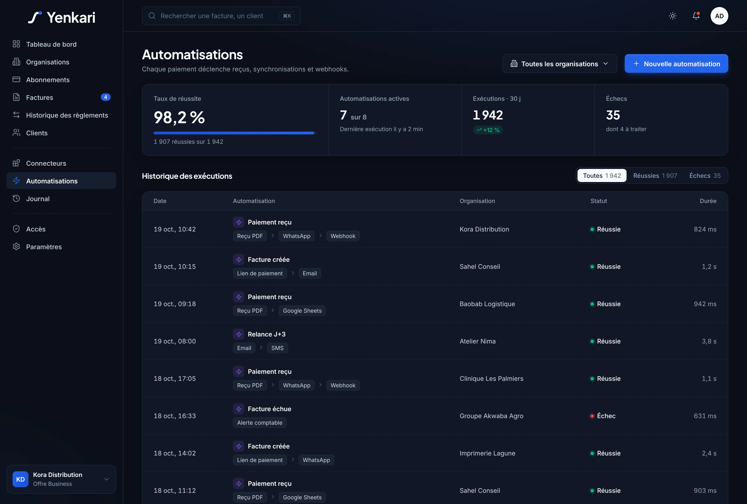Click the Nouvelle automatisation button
tap(676, 64)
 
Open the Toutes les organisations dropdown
tap(559, 64)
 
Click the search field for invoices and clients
tap(221, 16)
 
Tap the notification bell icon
tap(696, 16)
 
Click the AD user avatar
tap(719, 16)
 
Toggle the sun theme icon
tap(673, 16)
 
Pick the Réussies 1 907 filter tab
tap(655, 176)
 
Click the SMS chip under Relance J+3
tap(277, 348)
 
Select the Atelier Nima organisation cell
tap(478, 341)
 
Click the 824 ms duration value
tap(705, 229)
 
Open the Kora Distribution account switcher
tap(61, 479)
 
